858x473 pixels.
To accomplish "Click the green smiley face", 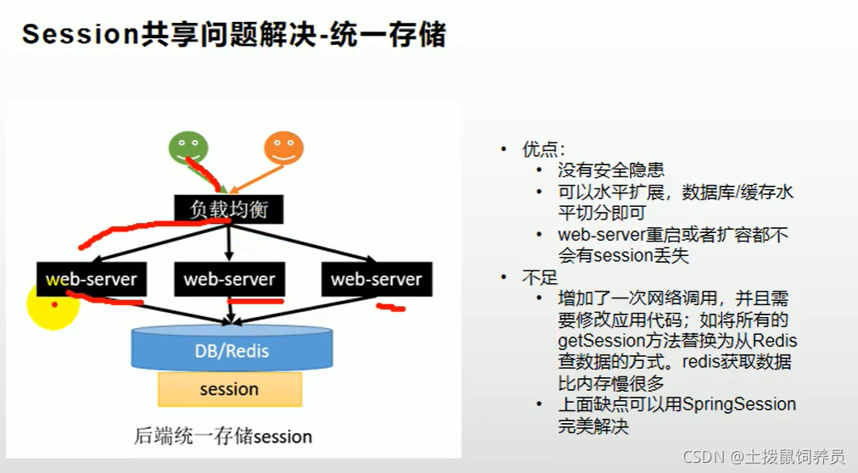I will [188, 147].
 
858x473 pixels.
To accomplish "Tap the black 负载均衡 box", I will [228, 209].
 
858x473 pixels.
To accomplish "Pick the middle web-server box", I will [229, 279].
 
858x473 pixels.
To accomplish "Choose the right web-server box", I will [376, 279].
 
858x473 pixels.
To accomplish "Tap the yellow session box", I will [229, 390].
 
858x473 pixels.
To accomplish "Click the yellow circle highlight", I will [52, 305].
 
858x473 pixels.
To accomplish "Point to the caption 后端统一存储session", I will [223, 437].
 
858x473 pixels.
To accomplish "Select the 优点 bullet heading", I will [536, 149].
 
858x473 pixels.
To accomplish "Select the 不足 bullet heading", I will [536, 277].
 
